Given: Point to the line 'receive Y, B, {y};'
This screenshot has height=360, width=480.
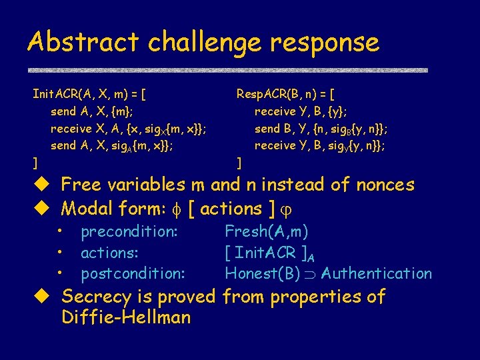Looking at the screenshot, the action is (301, 111).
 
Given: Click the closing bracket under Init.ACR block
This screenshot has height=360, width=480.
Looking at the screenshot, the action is (35, 161).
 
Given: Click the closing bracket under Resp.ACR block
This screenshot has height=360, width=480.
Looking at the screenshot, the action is (240, 161).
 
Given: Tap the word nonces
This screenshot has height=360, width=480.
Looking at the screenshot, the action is (379, 185).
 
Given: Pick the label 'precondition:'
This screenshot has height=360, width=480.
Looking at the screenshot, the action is (129, 232).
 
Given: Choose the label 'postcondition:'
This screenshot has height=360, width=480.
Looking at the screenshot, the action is (133, 273).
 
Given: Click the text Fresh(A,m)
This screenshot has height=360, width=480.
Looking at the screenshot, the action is (266, 232).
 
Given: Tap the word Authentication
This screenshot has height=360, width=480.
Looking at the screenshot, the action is (377, 273).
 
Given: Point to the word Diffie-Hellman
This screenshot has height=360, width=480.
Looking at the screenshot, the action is (126, 317).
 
